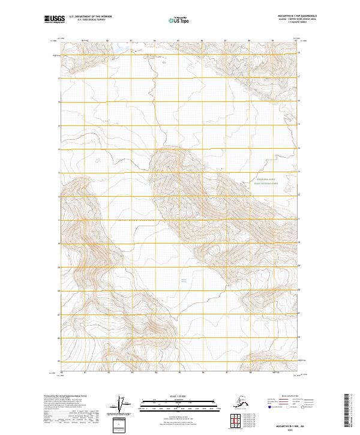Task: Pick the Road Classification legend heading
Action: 287,396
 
